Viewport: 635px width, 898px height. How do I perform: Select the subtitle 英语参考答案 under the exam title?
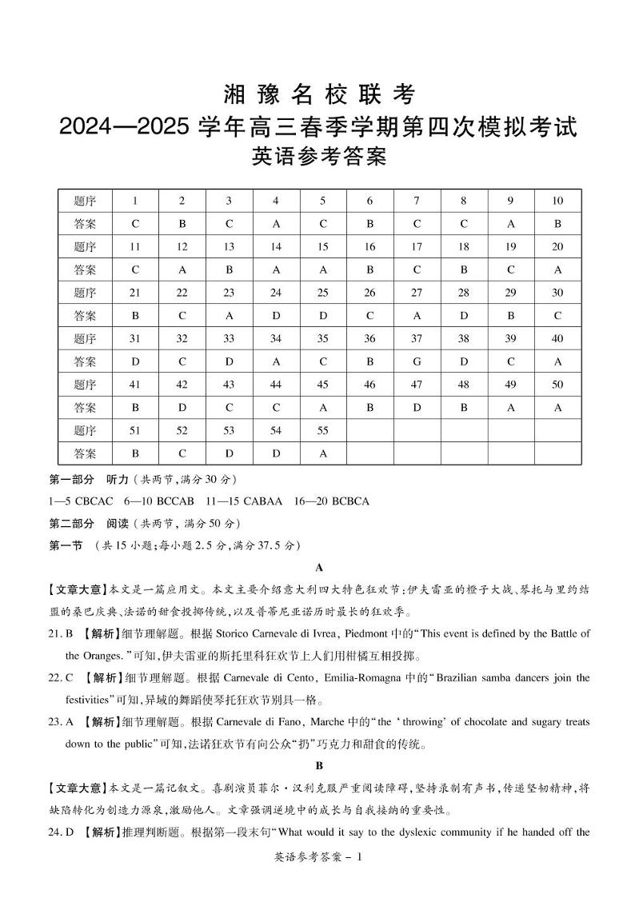318,157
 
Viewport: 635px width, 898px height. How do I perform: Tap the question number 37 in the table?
417,338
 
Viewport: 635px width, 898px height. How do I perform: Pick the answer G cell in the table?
417,361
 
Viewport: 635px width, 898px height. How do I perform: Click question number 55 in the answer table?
323,431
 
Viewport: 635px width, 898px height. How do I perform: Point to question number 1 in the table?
135,201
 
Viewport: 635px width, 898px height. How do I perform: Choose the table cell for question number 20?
557,247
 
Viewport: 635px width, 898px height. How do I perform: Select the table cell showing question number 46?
369,385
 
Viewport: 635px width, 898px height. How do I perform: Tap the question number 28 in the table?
463,293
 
